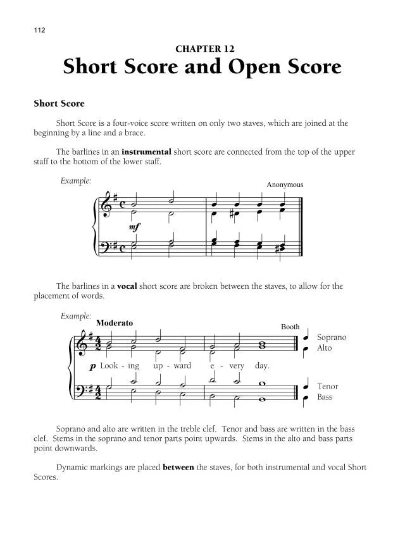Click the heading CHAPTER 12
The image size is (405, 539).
(202, 48)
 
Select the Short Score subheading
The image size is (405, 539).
(59, 103)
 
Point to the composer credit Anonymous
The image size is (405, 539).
(285, 185)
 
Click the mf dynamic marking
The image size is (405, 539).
(134, 226)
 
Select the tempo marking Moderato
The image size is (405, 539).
(115, 322)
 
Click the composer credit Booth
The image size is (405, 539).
(290, 327)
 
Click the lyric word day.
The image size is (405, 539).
(261, 366)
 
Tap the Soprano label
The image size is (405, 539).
(332, 337)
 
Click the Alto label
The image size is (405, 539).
(324, 348)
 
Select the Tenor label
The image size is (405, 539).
(328, 386)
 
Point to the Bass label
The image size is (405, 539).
(325, 397)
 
